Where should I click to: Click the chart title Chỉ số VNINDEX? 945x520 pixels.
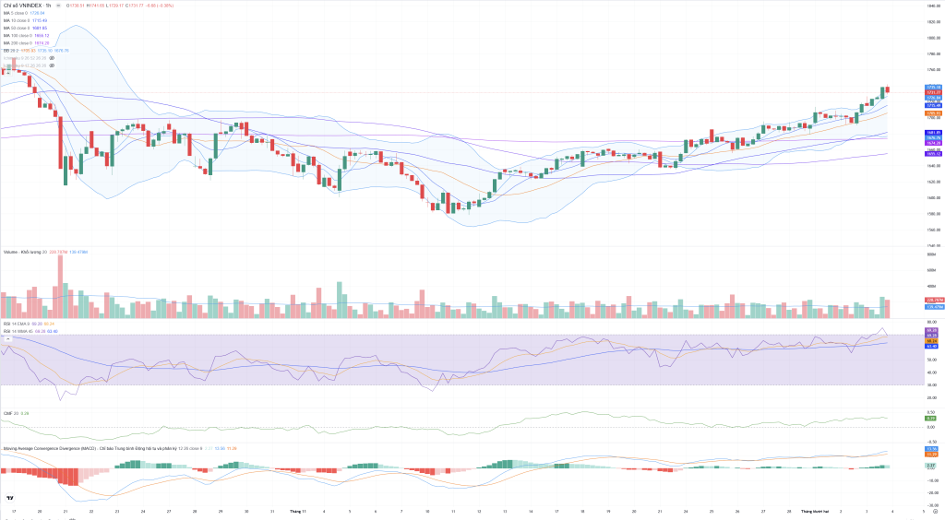[x=23, y=5]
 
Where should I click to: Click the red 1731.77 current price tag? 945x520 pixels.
[x=933, y=92]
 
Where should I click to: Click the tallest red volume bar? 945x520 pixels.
[x=60, y=286]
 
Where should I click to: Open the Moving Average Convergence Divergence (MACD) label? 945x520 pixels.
[x=55, y=448]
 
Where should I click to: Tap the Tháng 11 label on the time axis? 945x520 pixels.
[x=297, y=510]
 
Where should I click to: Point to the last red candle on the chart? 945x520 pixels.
[x=887, y=89]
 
